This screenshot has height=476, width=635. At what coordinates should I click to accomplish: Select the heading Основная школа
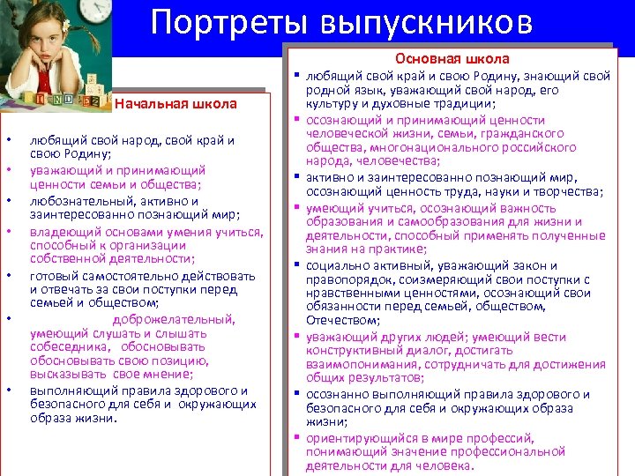click(x=452, y=59)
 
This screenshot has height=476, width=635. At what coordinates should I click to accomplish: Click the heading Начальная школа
click(x=176, y=104)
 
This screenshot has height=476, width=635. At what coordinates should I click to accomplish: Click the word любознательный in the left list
click(x=70, y=199)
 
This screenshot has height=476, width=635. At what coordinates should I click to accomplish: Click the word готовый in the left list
click(x=53, y=275)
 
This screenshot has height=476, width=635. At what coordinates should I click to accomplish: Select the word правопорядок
click(x=346, y=279)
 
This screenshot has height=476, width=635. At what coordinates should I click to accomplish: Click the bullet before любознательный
click(x=8, y=199)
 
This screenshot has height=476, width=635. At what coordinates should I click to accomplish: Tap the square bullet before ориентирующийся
click(x=298, y=438)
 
